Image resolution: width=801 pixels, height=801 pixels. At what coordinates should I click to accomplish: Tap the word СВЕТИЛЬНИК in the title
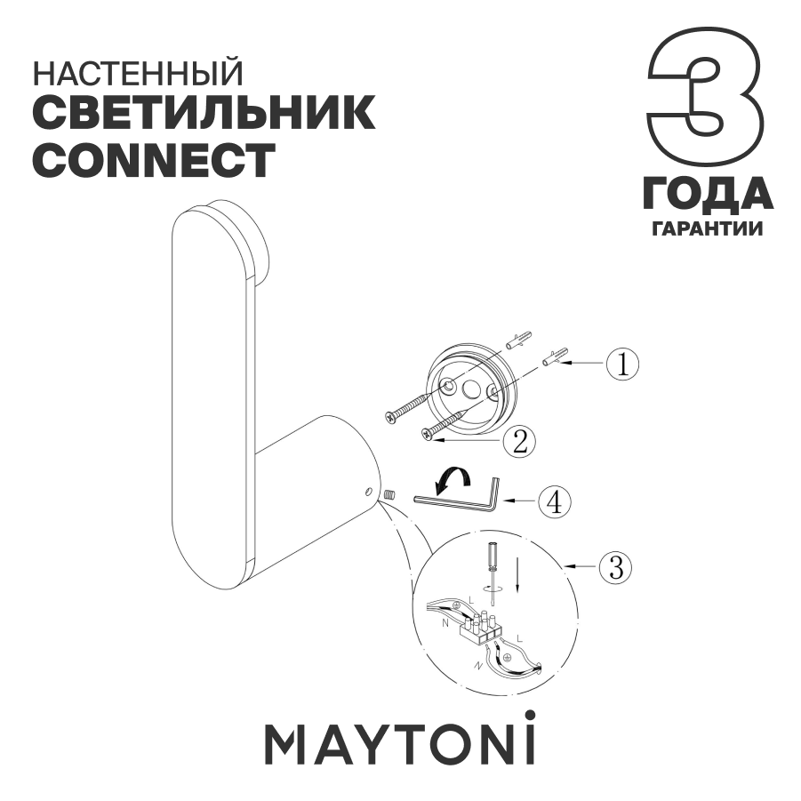tap(203, 114)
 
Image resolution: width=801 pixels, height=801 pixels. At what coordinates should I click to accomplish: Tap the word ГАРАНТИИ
tap(708, 228)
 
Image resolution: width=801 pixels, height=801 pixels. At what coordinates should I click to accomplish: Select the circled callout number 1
tap(622, 364)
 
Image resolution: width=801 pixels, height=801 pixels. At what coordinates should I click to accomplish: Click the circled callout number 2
tap(518, 439)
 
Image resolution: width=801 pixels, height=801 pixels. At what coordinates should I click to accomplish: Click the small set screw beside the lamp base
tap(389, 494)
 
